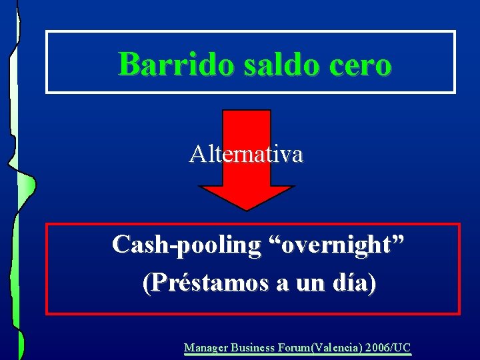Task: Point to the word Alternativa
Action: tap(246, 155)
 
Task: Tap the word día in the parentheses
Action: tap(349, 284)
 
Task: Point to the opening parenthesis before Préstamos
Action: tap(146, 285)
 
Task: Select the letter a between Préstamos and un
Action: tap(283, 285)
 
